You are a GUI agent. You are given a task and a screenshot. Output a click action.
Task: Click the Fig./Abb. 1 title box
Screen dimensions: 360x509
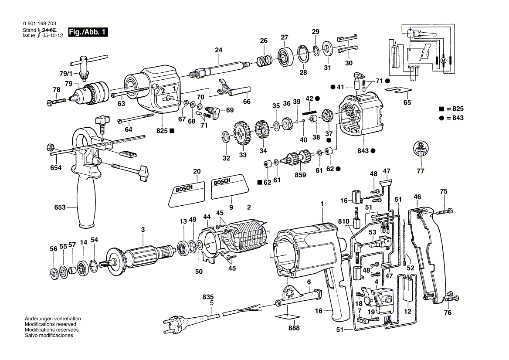[87, 33]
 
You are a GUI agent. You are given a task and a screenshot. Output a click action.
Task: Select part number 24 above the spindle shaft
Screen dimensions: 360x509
[218, 50]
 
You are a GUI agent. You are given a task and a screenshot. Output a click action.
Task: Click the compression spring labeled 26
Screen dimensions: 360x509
[263, 61]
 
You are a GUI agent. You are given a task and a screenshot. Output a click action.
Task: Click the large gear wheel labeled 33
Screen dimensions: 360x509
[242, 135]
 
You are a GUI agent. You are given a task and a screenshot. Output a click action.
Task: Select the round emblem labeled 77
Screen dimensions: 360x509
[420, 149]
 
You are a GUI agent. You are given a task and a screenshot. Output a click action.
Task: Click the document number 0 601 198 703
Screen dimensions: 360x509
[39, 24]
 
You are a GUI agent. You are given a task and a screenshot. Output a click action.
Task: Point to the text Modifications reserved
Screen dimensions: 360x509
[50, 325]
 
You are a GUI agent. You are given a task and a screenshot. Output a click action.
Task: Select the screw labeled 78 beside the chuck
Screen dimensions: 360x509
[56, 101]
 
